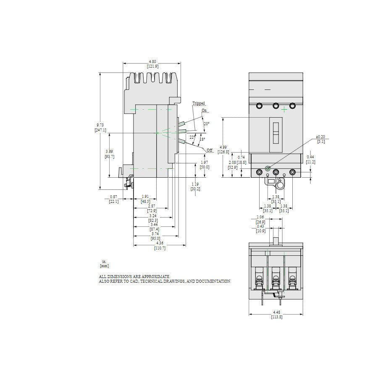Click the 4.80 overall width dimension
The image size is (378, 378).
pyautogui.click(x=152, y=62)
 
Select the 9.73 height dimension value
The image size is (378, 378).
pyautogui.click(x=100, y=125)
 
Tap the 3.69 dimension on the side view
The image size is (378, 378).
pyautogui.click(x=109, y=151)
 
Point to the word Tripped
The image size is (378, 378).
pyautogui.click(x=199, y=103)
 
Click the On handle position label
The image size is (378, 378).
pyautogui.click(x=204, y=110)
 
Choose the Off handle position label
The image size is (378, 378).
pyautogui.click(x=210, y=150)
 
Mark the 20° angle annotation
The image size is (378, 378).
pyautogui.click(x=206, y=123)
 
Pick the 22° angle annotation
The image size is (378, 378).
pyautogui.click(x=192, y=137)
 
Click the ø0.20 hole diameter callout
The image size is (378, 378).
pyautogui.click(x=320, y=137)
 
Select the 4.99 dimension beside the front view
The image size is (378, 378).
pyautogui.click(x=223, y=147)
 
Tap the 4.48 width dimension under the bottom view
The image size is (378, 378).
pyautogui.click(x=276, y=312)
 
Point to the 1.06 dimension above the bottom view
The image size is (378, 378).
pyautogui.click(x=260, y=218)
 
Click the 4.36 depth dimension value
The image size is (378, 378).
pyautogui.click(x=160, y=243)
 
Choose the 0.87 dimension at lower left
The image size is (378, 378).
pyautogui.click(x=113, y=197)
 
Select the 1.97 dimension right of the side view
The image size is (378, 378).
pyautogui.click(x=205, y=162)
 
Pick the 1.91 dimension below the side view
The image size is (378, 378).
pyautogui.click(x=145, y=197)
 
